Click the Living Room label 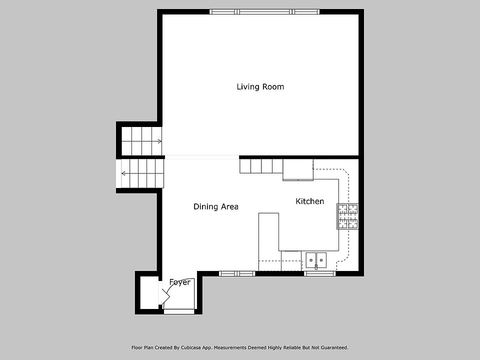(x=260, y=87)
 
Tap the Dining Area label (x=216, y=206)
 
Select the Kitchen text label (x=310, y=201)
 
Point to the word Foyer (x=180, y=282)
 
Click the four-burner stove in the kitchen (x=347, y=216)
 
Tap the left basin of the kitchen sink (x=311, y=260)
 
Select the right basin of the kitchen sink (x=321, y=260)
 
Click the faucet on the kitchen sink (x=316, y=267)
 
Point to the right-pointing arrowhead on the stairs (x=160, y=141)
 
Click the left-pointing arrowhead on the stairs (x=123, y=173)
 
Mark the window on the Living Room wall (x=265, y=11)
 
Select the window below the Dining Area (x=237, y=273)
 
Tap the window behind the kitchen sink (x=320, y=273)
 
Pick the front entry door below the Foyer (x=179, y=311)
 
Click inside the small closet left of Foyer (x=149, y=292)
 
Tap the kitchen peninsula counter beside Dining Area (x=268, y=242)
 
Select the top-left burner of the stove (x=342, y=209)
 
